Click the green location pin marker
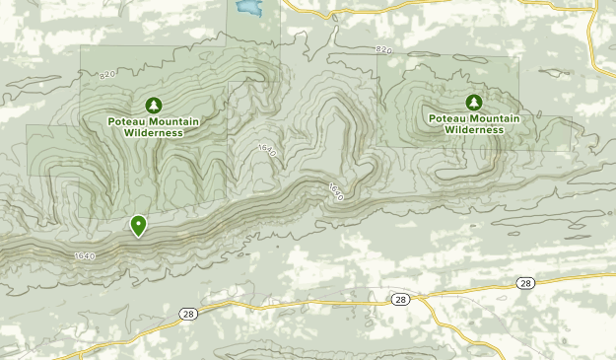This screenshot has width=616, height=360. pos(139,226)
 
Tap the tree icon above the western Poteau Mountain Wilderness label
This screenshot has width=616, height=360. pos(153,105)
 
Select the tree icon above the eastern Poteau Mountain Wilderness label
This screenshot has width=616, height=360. pos(474,102)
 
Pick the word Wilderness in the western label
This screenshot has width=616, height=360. pos(153,132)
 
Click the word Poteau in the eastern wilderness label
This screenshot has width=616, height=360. pos(446,118)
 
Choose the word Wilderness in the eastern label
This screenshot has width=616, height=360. pos(474,129)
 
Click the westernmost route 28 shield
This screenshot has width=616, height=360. pos(187,313)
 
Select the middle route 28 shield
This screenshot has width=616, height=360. pos(399,299)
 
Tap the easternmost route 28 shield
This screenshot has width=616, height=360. pos(524,283)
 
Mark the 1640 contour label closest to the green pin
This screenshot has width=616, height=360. pos(84,256)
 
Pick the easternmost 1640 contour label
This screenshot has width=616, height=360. pos(334,190)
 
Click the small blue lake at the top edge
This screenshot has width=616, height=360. pos(245,10)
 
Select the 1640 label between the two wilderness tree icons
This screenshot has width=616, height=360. pos(265,148)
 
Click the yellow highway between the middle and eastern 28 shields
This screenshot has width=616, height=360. pos(463,288)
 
